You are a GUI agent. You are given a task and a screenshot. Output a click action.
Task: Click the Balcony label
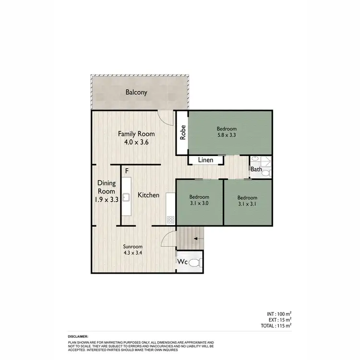(136, 93)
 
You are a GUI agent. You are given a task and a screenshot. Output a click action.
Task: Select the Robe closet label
(182, 133)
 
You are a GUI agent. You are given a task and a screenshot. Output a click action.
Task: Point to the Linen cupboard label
(206, 160)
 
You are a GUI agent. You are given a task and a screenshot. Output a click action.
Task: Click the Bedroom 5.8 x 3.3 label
(227, 132)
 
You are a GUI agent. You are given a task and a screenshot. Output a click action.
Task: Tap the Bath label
(256, 169)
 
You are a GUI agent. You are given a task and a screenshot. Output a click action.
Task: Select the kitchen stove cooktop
(170, 219)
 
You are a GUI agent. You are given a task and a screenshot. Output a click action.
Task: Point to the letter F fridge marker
(127, 171)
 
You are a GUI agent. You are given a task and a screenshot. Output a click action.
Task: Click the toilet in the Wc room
(194, 263)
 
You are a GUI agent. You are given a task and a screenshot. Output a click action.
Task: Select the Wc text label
(183, 263)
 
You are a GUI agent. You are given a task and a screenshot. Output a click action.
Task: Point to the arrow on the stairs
(198, 237)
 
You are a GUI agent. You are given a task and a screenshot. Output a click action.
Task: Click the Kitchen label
(148, 195)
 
